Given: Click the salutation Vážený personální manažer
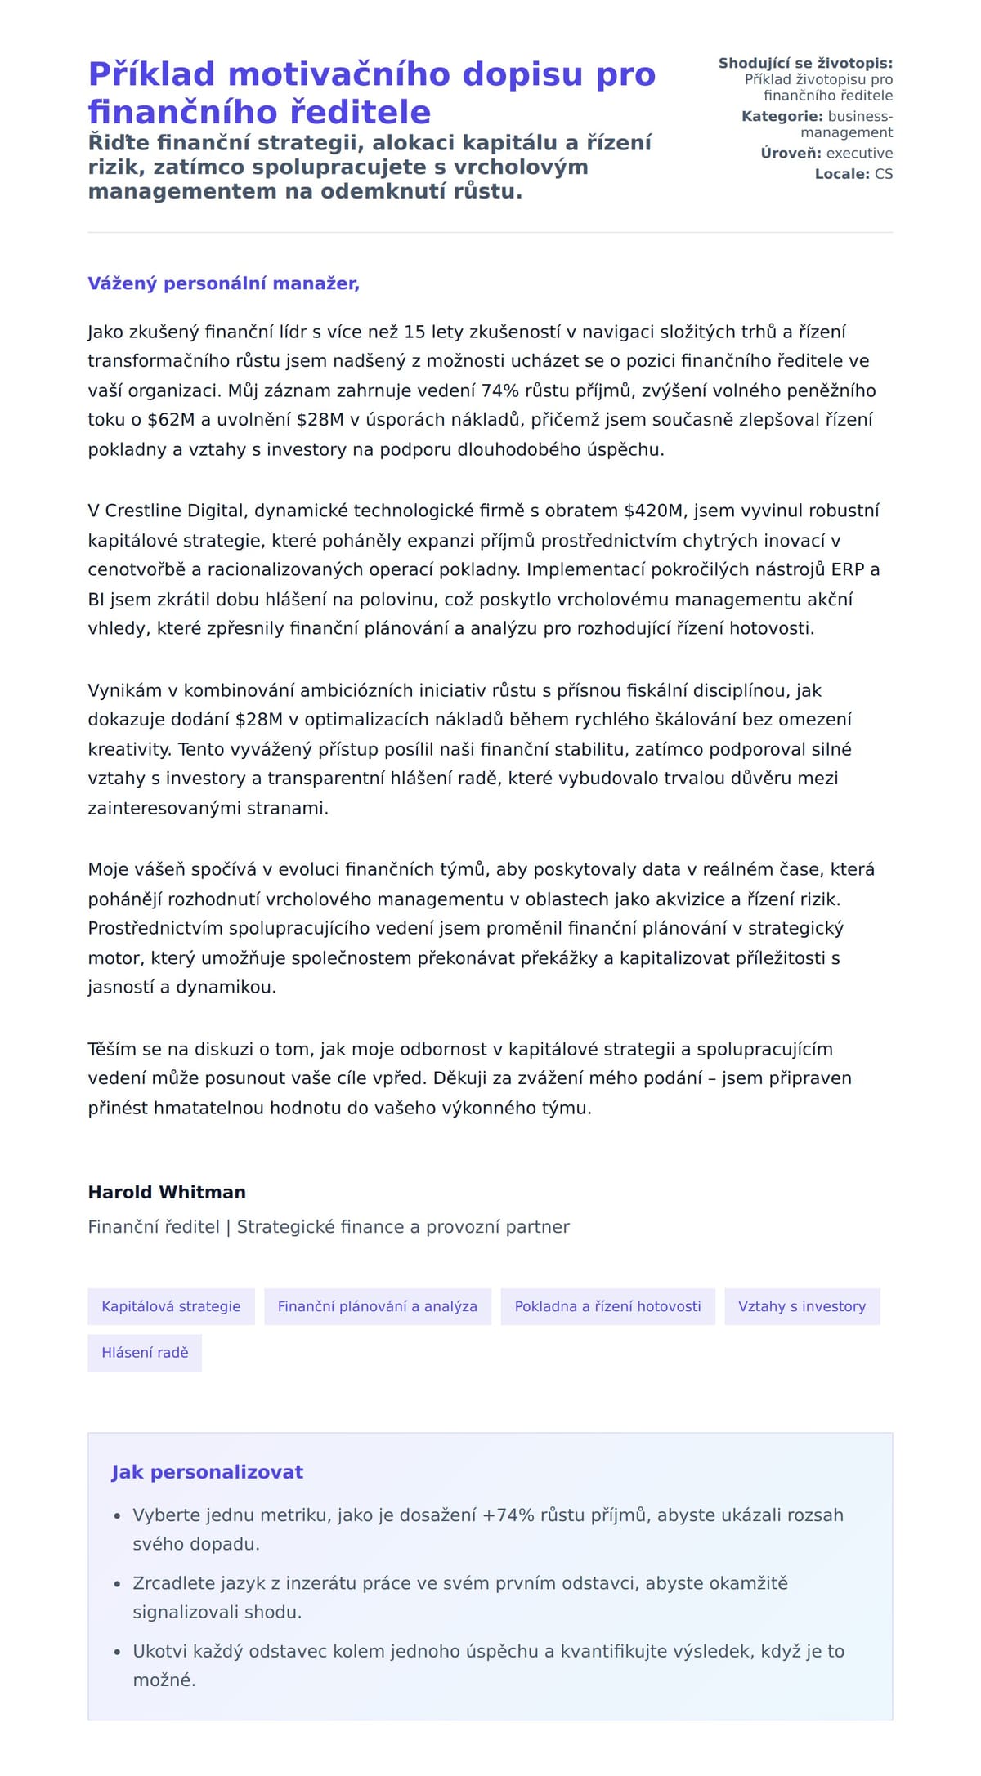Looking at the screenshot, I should pos(223,283).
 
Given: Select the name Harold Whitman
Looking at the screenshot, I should pos(167,1192).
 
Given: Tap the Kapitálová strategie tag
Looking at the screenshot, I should pos(171,1306).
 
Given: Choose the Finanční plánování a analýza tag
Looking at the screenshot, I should pos(377,1306).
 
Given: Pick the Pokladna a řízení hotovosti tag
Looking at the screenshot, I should pos(607,1306).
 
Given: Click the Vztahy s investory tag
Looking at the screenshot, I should pos(801,1306).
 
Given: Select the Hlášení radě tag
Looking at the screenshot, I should pos(145,1353).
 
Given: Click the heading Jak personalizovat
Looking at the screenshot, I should pos(207,1472).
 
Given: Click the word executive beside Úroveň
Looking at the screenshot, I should pos(859,153).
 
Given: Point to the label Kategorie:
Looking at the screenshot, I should pos(782,116).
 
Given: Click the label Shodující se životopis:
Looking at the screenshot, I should pos(805,63).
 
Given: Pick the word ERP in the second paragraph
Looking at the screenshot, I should pos(848,569).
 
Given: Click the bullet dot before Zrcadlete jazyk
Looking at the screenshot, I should pos(118,1584).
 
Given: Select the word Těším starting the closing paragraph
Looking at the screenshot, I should pos(111,1049).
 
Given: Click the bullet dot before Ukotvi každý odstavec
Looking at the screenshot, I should pos(118,1652).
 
